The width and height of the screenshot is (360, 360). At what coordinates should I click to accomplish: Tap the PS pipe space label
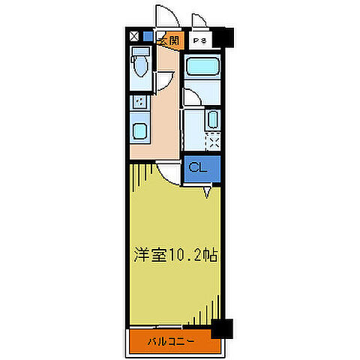pyautogui.click(x=199, y=40)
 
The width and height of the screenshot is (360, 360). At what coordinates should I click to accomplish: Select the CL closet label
pyautogui.click(x=198, y=168)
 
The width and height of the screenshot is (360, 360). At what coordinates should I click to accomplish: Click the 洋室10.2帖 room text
pyautogui.click(x=177, y=255)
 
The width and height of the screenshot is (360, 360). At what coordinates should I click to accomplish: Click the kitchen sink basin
pyautogui.click(x=140, y=130)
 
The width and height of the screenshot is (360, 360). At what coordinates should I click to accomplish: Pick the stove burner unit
pyautogui.click(x=139, y=103)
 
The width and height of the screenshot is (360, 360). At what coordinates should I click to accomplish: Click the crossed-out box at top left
pyautogui.click(x=133, y=35)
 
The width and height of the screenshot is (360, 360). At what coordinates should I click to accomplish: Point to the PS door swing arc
pyautogui.click(x=198, y=21)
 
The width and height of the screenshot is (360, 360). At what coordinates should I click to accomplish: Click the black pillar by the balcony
pyautogui.click(x=221, y=328)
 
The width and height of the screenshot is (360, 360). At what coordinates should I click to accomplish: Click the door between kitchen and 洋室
pyautogui.click(x=172, y=175)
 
